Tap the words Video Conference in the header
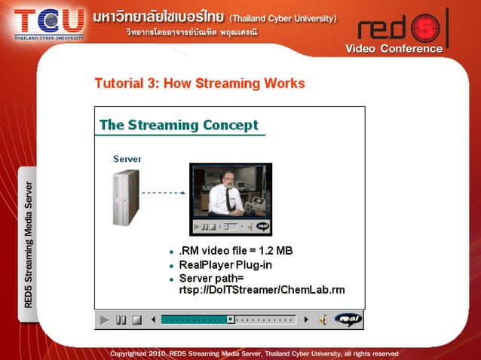pos(394,49)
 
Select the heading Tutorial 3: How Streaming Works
pos(200,83)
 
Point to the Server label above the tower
pos(127,159)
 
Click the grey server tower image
pos(125,197)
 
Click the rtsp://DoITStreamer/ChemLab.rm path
pos(262,290)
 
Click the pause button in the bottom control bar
pos(121,320)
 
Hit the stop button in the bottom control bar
pos(136,320)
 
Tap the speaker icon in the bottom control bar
pos(322,320)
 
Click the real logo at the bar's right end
pos(348,319)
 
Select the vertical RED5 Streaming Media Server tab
pos(28,245)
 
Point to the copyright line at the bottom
pos(254,353)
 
